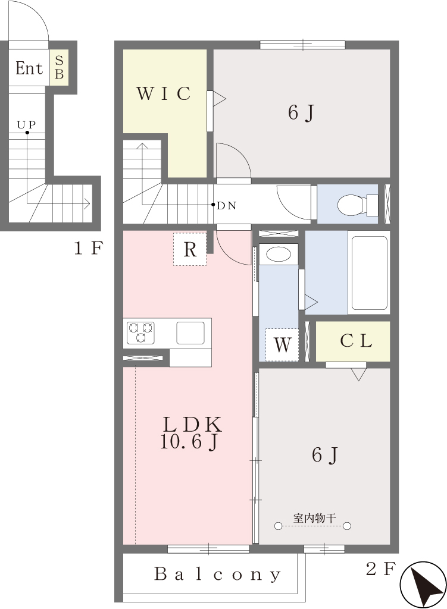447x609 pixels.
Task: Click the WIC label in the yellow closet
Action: tap(164, 93)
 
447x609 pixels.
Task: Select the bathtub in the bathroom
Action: tap(369, 272)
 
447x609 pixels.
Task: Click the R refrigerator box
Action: tap(190, 249)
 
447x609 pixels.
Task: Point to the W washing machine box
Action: tap(282, 344)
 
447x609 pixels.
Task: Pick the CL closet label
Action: tap(356, 341)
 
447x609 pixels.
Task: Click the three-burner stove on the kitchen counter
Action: tap(140, 333)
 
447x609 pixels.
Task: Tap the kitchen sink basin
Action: tap(190, 333)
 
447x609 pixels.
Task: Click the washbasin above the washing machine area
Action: tap(279, 255)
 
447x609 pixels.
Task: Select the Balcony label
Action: tap(217, 575)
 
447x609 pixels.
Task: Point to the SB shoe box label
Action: tap(59, 67)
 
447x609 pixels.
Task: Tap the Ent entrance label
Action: tap(29, 68)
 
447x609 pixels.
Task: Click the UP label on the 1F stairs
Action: tap(26, 125)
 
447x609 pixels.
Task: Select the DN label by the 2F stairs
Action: tap(226, 205)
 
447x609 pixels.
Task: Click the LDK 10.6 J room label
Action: tap(191, 433)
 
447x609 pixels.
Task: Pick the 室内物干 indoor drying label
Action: tap(314, 518)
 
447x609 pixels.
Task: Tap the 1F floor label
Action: tap(88, 247)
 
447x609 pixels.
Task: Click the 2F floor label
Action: tap(380, 569)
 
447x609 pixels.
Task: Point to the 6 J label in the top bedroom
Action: tap(301, 113)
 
